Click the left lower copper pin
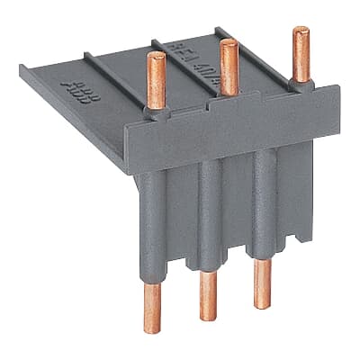[x=153, y=306]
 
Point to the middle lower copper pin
[x=208, y=295]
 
